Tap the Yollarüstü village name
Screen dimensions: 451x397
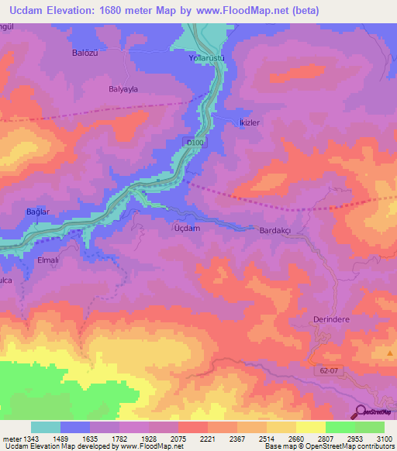click(x=206, y=58)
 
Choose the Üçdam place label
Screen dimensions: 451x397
click(x=188, y=229)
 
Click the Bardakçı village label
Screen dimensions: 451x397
click(x=278, y=231)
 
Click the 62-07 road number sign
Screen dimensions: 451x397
click(x=329, y=372)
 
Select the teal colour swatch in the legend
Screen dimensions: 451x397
click(x=46, y=427)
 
